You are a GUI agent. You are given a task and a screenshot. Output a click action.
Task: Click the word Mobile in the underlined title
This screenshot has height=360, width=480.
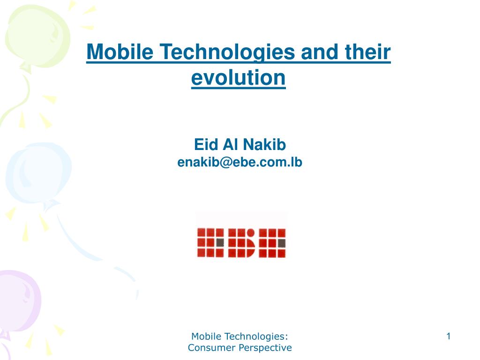pyautogui.click(x=120, y=52)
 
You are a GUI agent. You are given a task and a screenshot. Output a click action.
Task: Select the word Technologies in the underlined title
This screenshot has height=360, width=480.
pyautogui.click(x=227, y=52)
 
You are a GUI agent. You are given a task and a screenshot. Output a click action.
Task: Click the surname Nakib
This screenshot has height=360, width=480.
pyautogui.click(x=264, y=144)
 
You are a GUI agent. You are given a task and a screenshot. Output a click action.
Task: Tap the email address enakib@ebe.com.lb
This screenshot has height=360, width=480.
pyautogui.click(x=240, y=162)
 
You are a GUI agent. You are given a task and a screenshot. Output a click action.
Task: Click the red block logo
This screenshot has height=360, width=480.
pyautogui.click(x=241, y=243)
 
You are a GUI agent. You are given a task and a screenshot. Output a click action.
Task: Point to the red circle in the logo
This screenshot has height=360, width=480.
pyautogui.click(x=251, y=232)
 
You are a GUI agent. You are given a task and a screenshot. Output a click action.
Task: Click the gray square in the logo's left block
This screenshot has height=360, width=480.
pyautogui.click(x=220, y=243)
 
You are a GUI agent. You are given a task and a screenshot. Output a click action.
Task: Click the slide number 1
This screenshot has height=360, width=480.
pyautogui.click(x=449, y=336)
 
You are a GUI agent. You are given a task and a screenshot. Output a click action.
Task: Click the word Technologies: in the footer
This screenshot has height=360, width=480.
pyautogui.click(x=256, y=337)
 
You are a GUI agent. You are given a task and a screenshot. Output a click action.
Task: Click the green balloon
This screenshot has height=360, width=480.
pyautogui.click(x=37, y=37)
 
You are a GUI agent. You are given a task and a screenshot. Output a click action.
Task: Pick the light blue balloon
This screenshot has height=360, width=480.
pyautogui.click(x=38, y=173)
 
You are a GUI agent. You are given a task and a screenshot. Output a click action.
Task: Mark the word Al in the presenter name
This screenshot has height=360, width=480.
pyautogui.click(x=231, y=144)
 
